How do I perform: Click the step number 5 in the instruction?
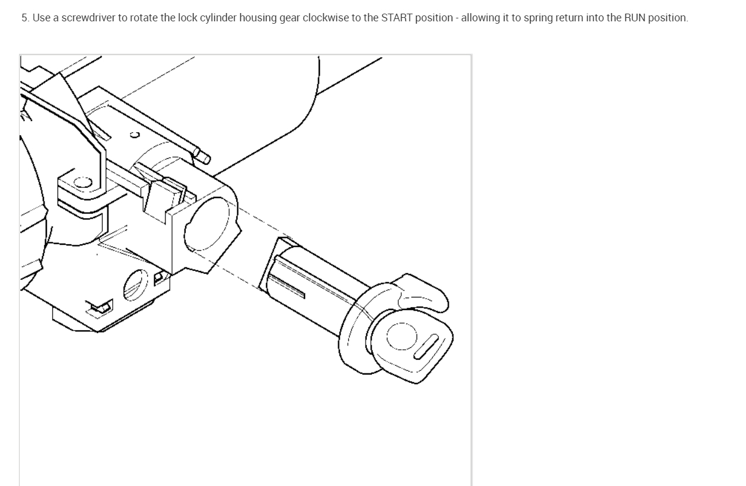click(25, 18)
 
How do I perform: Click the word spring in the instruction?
click(536, 18)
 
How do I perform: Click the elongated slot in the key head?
click(426, 346)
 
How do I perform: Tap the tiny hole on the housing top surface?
click(135, 135)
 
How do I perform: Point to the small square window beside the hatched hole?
click(158, 277)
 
